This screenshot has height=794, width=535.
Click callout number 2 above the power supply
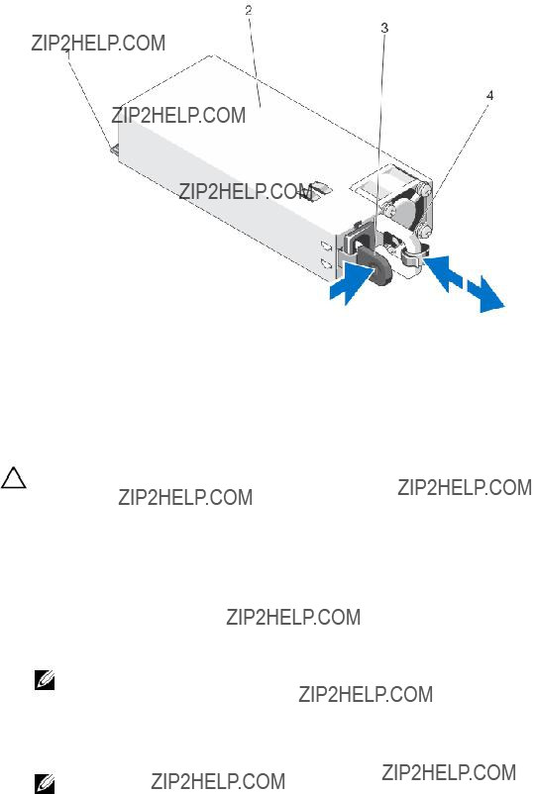[249, 10]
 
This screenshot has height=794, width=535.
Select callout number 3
[384, 28]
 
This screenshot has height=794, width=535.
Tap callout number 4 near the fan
[489, 95]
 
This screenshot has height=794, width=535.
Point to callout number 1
[68, 53]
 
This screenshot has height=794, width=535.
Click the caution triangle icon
[13, 478]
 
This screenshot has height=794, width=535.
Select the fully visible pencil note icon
[45, 680]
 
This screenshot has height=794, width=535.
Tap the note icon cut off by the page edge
[45, 784]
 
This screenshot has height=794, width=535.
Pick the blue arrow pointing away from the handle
[485, 295]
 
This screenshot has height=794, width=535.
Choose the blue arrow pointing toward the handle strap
[442, 272]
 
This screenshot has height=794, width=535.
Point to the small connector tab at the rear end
[114, 149]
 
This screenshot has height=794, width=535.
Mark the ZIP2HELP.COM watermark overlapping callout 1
[98, 43]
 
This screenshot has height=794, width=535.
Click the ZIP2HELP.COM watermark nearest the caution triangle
[185, 497]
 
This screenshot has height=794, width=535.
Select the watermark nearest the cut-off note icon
[218, 781]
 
